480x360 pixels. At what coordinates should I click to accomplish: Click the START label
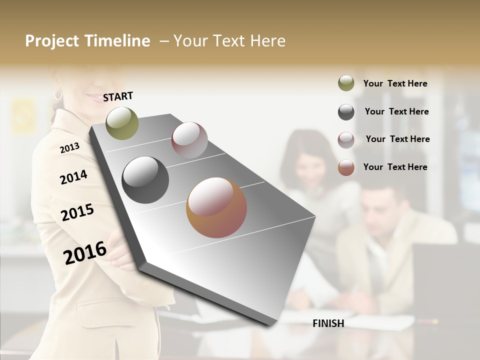[x=118, y=96]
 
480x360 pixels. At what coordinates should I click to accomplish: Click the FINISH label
[x=328, y=323]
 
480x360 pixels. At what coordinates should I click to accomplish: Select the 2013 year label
[x=69, y=147]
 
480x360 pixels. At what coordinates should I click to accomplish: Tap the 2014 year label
[x=73, y=177]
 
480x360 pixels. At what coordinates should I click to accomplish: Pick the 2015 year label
[x=77, y=212]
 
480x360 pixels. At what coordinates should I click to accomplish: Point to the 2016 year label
[x=85, y=252]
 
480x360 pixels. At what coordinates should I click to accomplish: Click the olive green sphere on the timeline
[x=122, y=123]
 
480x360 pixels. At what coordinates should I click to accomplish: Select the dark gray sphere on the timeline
[x=145, y=180]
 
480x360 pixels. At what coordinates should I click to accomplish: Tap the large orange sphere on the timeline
[x=216, y=207]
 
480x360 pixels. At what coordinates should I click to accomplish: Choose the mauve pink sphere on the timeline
[x=189, y=139]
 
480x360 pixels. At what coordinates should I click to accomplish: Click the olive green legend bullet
[x=346, y=83]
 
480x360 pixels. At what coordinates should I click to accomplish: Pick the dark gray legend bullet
[x=346, y=112]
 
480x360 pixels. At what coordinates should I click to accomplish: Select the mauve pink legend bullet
[x=346, y=139]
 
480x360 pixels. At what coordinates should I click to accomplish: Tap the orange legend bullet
[x=346, y=167]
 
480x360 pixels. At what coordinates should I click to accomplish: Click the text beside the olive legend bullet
[x=395, y=83]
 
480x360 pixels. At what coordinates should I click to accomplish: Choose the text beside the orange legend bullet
[x=395, y=167]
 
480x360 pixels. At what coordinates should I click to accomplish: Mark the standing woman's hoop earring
[x=58, y=94]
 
